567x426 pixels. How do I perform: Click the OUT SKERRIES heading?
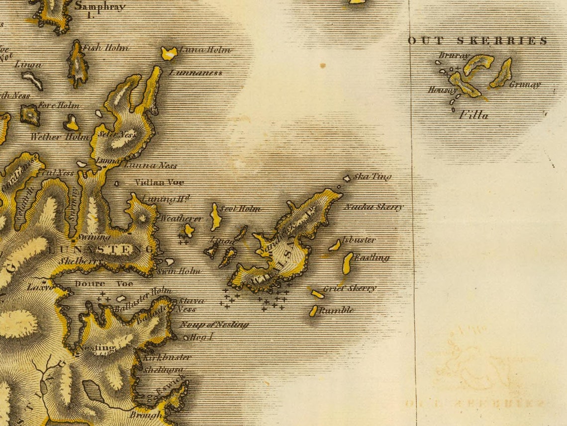(478, 41)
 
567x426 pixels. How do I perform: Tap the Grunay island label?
(524, 85)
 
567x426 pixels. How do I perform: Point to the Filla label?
(473, 115)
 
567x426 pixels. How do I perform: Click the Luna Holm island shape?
(169, 53)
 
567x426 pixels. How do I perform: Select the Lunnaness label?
(195, 73)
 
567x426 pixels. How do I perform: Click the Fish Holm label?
(105, 48)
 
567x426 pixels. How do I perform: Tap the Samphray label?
(99, 7)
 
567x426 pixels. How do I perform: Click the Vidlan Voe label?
(159, 182)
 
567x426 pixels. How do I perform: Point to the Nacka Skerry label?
(374, 207)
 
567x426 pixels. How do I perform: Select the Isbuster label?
(359, 240)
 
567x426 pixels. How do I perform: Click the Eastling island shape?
(348, 263)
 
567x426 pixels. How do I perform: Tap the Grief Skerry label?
(350, 288)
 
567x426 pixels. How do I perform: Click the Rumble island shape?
(313, 311)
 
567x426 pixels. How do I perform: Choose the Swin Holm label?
(179, 271)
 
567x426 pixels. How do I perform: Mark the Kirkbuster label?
(167, 357)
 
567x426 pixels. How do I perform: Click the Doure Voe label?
(104, 283)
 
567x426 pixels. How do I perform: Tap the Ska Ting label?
(373, 176)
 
